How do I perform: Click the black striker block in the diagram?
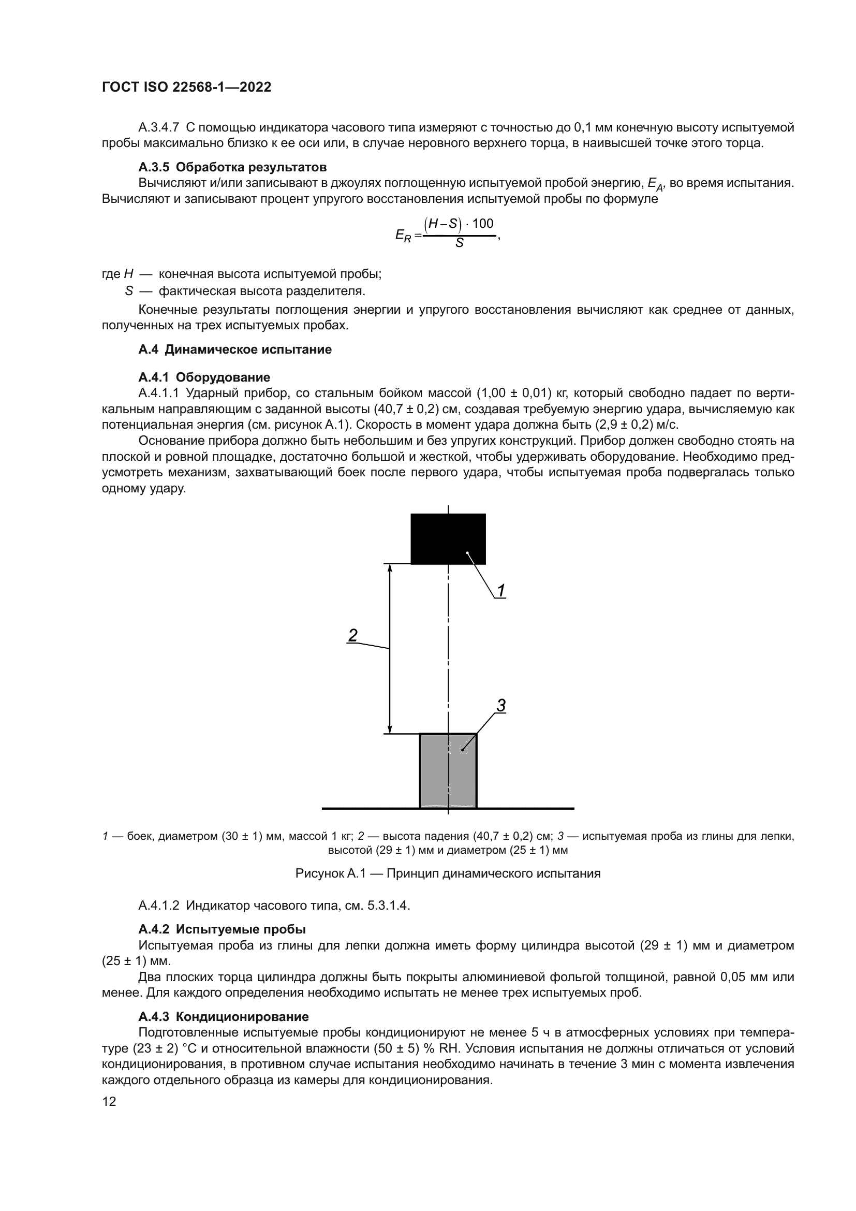point(448,538)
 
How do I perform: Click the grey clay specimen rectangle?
point(448,770)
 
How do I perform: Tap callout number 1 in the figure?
point(501,591)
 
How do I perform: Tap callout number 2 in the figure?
point(352,635)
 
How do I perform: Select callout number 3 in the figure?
point(501,705)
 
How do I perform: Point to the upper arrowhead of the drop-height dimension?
point(390,568)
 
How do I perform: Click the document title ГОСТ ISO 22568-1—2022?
point(187,87)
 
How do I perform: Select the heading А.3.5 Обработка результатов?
point(232,167)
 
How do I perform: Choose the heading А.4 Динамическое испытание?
point(235,349)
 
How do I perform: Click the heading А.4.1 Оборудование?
point(204,377)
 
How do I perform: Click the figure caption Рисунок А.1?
point(448,873)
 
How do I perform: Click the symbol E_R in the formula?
point(403,235)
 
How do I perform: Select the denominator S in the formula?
point(459,243)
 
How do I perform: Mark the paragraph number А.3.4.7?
point(159,127)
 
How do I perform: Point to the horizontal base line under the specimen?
point(527,808)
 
